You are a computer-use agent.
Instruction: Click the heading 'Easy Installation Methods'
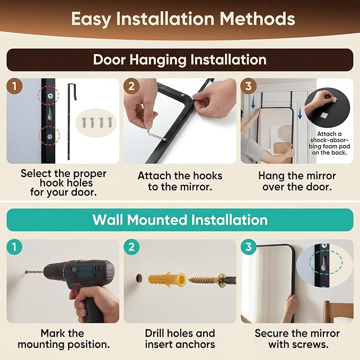click(183, 19)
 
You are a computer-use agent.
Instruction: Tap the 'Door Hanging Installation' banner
click(180, 60)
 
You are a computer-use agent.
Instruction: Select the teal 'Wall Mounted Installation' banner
click(180, 219)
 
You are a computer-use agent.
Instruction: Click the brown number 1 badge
click(14, 86)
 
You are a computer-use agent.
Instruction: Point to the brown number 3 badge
click(249, 86)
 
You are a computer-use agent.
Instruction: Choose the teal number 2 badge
click(131, 247)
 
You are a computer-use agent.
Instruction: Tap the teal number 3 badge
click(249, 247)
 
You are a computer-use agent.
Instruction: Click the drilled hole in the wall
click(139, 278)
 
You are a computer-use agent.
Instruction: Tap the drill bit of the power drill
click(34, 273)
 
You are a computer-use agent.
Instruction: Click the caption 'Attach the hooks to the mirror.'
click(180, 181)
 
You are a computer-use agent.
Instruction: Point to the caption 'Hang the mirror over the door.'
click(297, 181)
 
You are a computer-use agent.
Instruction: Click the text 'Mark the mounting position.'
click(64, 339)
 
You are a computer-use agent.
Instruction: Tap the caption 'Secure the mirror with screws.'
click(297, 339)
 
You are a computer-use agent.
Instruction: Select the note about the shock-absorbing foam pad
click(329, 143)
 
